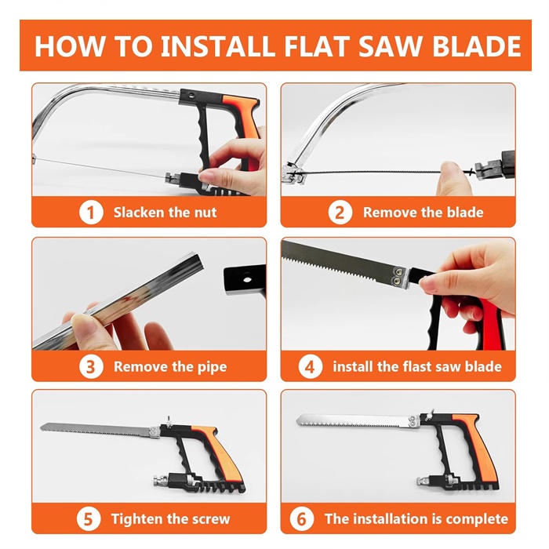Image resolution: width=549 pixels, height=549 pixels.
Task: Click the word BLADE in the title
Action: pyautogui.click(x=477, y=45)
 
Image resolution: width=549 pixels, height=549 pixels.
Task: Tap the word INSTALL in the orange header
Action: pyautogui.click(x=218, y=45)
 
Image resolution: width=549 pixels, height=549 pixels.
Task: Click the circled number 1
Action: pyautogui.click(x=91, y=213)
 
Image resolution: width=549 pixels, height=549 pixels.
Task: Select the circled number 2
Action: pyautogui.click(x=340, y=213)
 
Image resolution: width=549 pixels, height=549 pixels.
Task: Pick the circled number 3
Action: pyautogui.click(x=91, y=366)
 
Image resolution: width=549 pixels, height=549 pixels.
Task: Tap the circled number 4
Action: pyautogui.click(x=311, y=366)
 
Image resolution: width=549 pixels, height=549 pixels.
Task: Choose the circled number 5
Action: pyautogui.click(x=89, y=518)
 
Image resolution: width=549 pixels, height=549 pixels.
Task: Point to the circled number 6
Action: pyautogui.click(x=301, y=518)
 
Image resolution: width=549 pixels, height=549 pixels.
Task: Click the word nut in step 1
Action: pyautogui.click(x=205, y=213)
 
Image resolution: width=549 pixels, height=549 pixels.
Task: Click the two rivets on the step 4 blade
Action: pyautogui.click(x=398, y=276)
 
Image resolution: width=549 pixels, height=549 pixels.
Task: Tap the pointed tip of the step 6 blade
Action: pyautogui.click(x=297, y=420)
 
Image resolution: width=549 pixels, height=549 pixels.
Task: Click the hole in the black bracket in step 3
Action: pyautogui.click(x=248, y=279)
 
